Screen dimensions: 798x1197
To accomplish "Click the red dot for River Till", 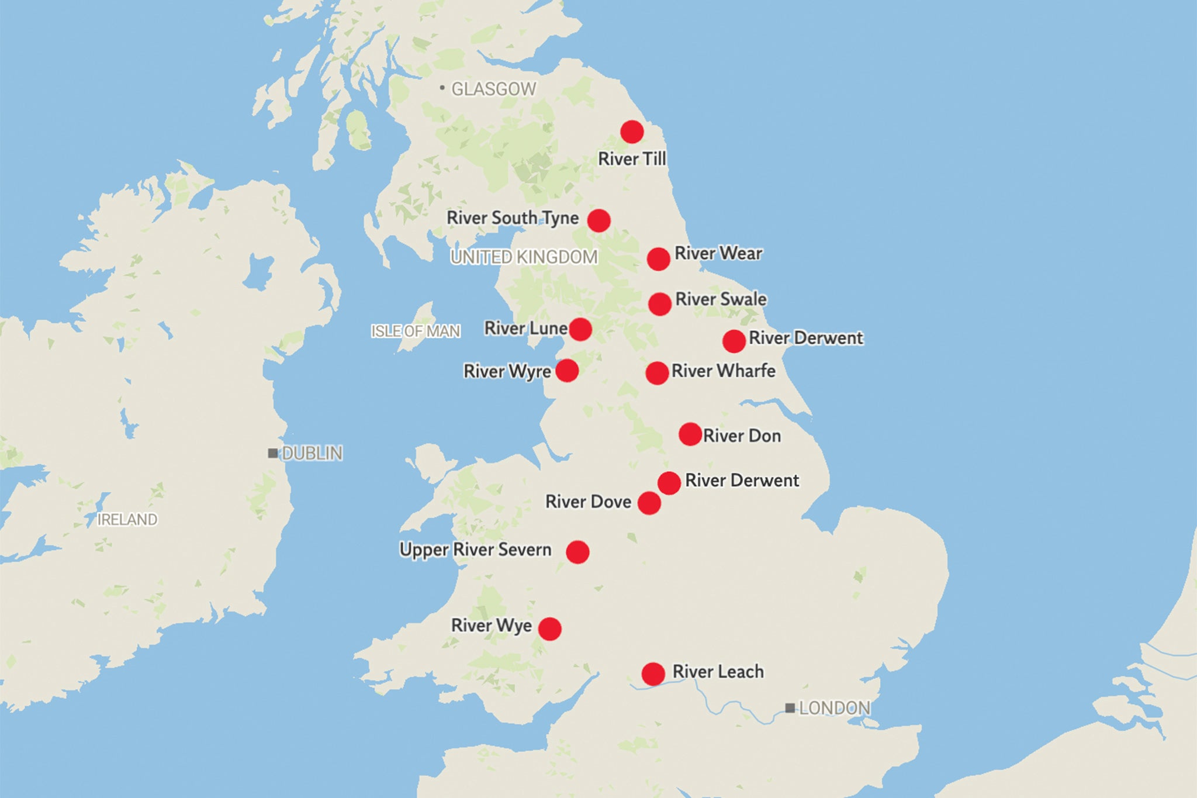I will coord(632,132).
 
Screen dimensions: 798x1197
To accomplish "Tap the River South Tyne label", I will coord(513,218).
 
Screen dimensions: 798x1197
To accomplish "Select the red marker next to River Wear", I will coord(658,259).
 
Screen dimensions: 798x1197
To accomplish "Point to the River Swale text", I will coord(721,299).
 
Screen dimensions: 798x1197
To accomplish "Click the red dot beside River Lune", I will coord(580,330).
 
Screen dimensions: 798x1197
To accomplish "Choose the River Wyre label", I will coord(507,371).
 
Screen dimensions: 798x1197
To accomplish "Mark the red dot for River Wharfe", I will coord(657,373).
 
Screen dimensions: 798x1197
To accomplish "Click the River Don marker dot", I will coord(690,434).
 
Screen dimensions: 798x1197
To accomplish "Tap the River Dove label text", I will coord(588,502).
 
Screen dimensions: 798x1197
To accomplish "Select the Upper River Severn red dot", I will coord(577,552).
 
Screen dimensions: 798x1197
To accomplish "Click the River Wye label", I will coord(491,626).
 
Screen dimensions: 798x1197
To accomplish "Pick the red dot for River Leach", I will coord(653,674).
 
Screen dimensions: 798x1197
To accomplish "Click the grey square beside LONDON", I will coord(790,709).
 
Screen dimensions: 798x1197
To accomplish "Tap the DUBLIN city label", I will coord(312,453).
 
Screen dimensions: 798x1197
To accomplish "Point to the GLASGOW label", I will coord(493,89).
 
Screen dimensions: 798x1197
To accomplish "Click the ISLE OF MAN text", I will coord(416,331).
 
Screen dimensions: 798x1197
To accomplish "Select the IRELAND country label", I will coord(127,520).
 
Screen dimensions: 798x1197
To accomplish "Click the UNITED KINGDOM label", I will coord(524,257).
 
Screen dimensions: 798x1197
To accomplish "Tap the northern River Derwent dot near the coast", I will coord(734,341).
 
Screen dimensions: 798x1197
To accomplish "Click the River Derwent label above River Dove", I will coord(742,481).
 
